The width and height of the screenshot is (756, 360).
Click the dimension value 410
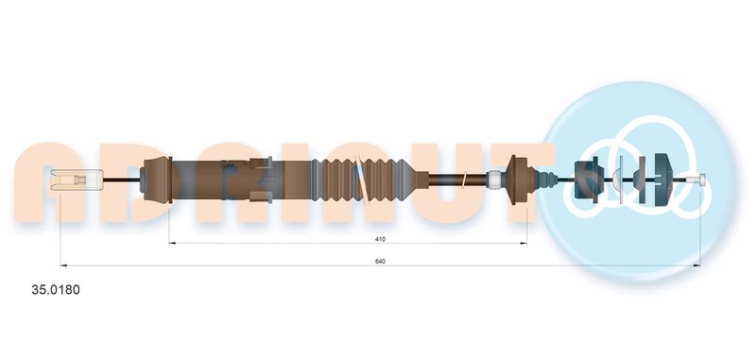pyautogui.click(x=381, y=238)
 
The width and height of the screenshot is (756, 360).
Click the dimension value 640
pyautogui.click(x=381, y=261)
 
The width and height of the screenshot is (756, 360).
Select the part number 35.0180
pyautogui.click(x=56, y=290)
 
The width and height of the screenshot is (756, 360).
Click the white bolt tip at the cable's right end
pyautogui.click(x=698, y=180)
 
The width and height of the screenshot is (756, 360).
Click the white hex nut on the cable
pyautogui.click(x=493, y=179)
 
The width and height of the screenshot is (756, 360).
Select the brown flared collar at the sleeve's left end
pyautogui.click(x=157, y=180)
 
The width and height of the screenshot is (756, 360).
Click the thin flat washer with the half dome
pyautogui.click(x=620, y=179)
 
